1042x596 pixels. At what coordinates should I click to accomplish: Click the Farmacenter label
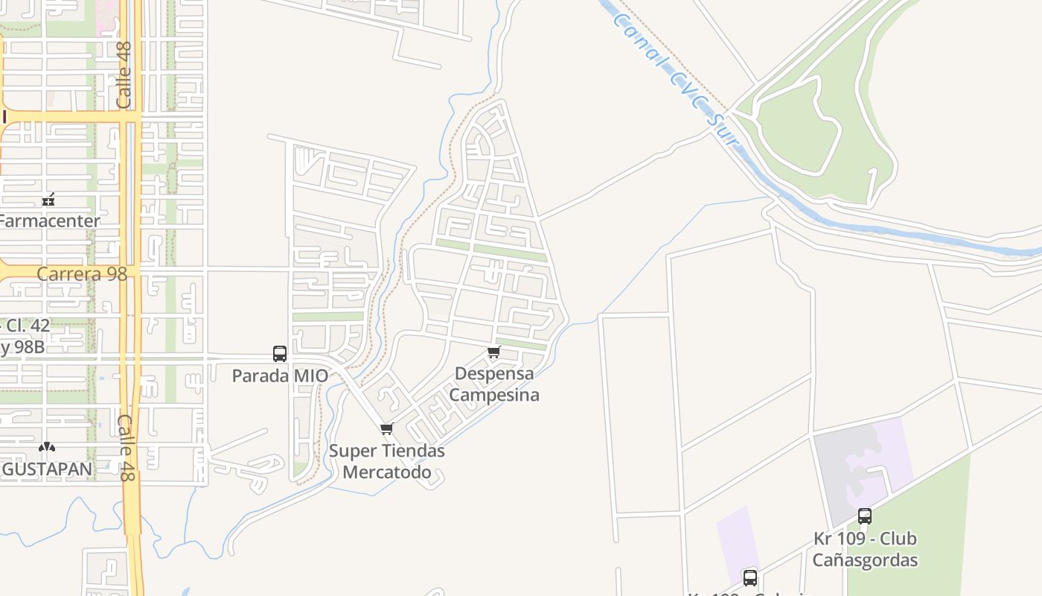(x=49, y=221)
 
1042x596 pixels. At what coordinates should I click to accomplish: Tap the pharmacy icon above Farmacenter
(x=49, y=200)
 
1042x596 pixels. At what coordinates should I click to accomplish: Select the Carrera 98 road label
(x=82, y=274)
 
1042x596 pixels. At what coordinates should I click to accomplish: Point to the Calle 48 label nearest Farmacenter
(x=124, y=74)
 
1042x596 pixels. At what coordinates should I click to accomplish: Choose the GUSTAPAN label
(x=47, y=469)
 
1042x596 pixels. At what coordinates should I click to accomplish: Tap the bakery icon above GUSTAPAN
(x=47, y=447)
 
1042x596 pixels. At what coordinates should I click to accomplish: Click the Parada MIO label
(x=280, y=375)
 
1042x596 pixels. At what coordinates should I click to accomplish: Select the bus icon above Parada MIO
(x=280, y=354)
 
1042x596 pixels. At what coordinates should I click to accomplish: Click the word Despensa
(x=494, y=373)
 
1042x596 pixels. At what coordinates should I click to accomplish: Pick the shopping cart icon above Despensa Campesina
(x=493, y=352)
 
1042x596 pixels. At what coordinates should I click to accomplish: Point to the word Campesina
(x=494, y=395)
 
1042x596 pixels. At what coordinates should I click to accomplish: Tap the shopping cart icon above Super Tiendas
(x=386, y=429)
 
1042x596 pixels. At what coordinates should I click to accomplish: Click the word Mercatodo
(x=387, y=472)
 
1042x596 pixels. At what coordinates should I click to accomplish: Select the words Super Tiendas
(x=387, y=451)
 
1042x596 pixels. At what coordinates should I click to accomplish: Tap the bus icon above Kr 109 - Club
(x=865, y=516)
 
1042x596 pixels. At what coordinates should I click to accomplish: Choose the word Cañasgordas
(x=865, y=560)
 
